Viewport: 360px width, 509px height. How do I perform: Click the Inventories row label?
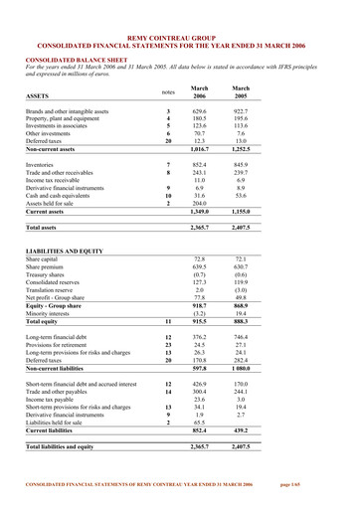click(x=40, y=164)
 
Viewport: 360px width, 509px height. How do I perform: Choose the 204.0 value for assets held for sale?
click(x=202, y=203)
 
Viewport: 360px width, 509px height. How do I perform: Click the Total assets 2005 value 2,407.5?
click(x=240, y=228)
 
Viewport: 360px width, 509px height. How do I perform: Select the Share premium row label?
click(x=46, y=267)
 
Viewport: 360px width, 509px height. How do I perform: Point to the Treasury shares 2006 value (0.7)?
click(x=201, y=275)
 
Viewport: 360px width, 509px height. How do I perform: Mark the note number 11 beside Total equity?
click(x=168, y=322)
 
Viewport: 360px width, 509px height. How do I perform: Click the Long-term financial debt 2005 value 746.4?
click(x=241, y=338)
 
